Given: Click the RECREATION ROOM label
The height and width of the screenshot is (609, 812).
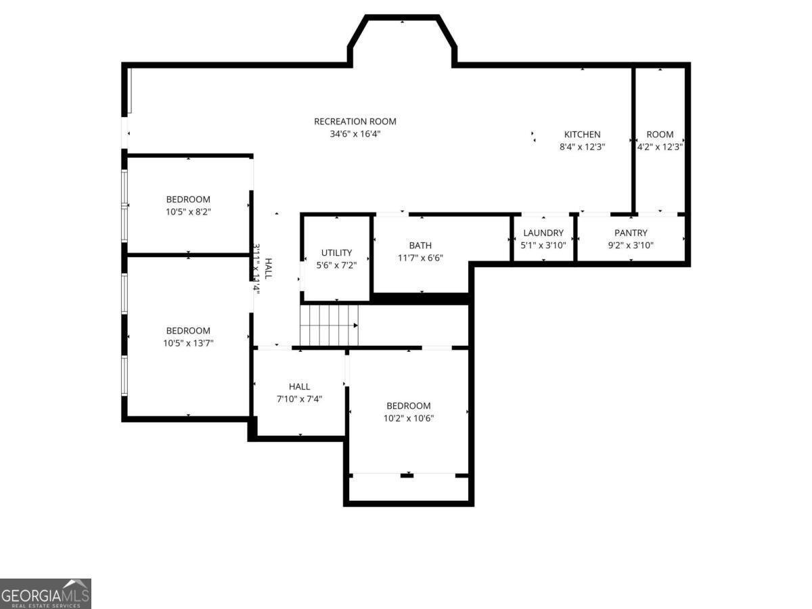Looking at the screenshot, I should click(355, 122).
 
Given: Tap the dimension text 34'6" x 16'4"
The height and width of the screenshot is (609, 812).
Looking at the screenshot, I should click(355, 134).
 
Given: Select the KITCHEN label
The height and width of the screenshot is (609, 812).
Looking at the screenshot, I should click(582, 135).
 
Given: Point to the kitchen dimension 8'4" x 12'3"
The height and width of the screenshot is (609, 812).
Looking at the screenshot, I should click(582, 147).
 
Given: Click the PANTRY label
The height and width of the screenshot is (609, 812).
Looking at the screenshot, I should click(631, 233).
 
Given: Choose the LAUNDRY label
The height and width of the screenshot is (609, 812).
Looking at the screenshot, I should click(543, 233).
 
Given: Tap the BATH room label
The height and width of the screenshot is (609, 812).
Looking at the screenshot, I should click(420, 246).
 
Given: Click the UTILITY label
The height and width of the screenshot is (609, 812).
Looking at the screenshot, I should click(336, 253).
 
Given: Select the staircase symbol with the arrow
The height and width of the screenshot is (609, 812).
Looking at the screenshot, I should click(329, 325).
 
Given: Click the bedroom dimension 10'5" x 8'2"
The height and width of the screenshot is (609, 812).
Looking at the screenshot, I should click(188, 212).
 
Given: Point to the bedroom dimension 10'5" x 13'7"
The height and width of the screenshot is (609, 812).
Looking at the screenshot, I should click(188, 343).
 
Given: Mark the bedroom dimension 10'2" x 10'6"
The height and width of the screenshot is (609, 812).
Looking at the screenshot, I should click(409, 418).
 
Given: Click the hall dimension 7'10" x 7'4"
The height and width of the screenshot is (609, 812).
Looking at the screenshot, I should click(299, 399).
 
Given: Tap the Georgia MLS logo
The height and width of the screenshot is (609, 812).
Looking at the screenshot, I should click(45, 593).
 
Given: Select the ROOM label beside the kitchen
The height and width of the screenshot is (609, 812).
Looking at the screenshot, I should click(660, 135).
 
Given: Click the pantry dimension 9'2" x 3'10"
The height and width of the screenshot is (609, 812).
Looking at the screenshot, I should click(631, 246).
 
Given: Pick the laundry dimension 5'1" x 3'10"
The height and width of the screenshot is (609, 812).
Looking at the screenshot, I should click(543, 246).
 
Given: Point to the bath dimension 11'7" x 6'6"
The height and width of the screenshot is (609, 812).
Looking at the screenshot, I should click(420, 258).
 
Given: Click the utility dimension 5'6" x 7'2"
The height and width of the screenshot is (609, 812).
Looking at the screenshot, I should click(336, 265).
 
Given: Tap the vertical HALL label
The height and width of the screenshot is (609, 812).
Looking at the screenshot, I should click(268, 269).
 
